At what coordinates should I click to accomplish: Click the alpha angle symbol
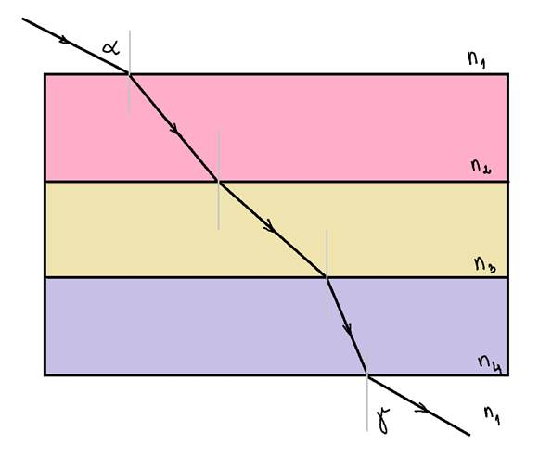point(111,48)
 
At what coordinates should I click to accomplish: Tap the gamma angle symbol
point(384,420)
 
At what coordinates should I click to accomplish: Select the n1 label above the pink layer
point(477,59)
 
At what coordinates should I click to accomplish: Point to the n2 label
point(481,167)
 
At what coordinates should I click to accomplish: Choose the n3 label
point(485,265)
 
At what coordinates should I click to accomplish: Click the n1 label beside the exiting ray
point(492,416)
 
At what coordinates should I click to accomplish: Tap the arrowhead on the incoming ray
point(65,40)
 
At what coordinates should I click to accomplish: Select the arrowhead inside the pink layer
point(173,129)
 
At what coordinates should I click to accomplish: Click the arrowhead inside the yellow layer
point(270,226)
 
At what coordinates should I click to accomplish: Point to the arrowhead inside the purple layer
point(348,329)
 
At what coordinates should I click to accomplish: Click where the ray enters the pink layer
point(129,74)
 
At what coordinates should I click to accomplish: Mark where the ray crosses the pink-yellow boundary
point(219,182)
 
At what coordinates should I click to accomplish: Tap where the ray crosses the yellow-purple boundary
point(327,277)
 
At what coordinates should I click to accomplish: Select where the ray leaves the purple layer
point(367,374)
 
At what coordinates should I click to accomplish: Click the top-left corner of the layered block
point(45,74)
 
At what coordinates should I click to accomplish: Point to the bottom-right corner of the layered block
point(507,374)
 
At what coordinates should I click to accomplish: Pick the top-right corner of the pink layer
point(507,74)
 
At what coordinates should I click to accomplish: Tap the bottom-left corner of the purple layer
point(45,374)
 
